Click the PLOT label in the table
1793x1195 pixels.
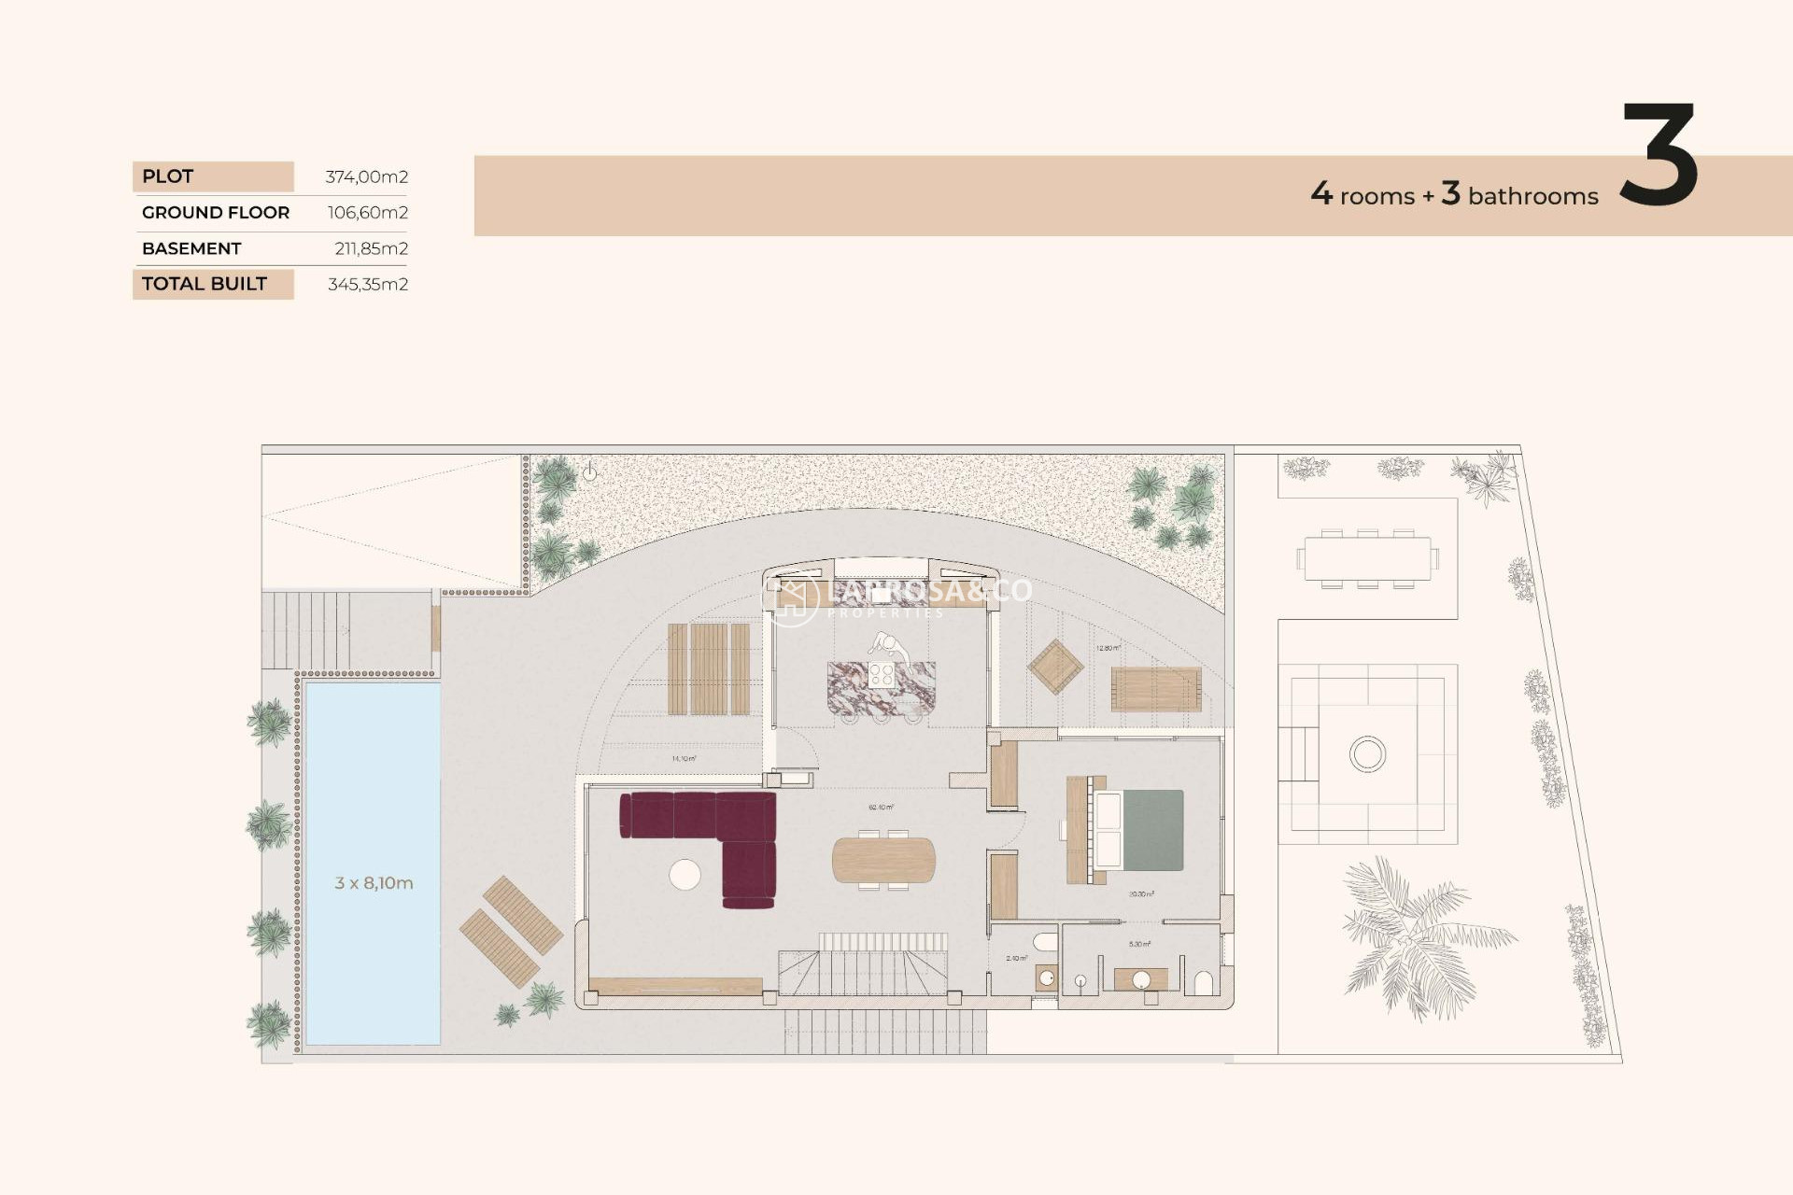pos(168,176)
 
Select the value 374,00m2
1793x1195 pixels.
pos(366,176)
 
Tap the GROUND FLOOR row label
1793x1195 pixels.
pos(216,213)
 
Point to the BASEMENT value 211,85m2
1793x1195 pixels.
pos(371,248)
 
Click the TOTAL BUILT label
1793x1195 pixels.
pos(205,284)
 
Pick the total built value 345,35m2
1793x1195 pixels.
pos(368,284)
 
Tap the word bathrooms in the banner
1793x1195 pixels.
pos(1532,196)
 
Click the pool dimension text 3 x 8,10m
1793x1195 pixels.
pos(374,883)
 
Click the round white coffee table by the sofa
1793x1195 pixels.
pos(685,875)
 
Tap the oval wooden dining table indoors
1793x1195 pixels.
pos(883,860)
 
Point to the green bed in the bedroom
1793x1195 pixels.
pos(1151,830)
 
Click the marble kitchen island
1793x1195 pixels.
pos(881,688)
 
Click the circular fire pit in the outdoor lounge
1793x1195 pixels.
pos(1367,753)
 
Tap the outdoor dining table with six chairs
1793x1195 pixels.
pos(1367,558)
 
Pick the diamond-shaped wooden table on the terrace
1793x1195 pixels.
pos(1055,667)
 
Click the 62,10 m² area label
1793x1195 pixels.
pos(881,808)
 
